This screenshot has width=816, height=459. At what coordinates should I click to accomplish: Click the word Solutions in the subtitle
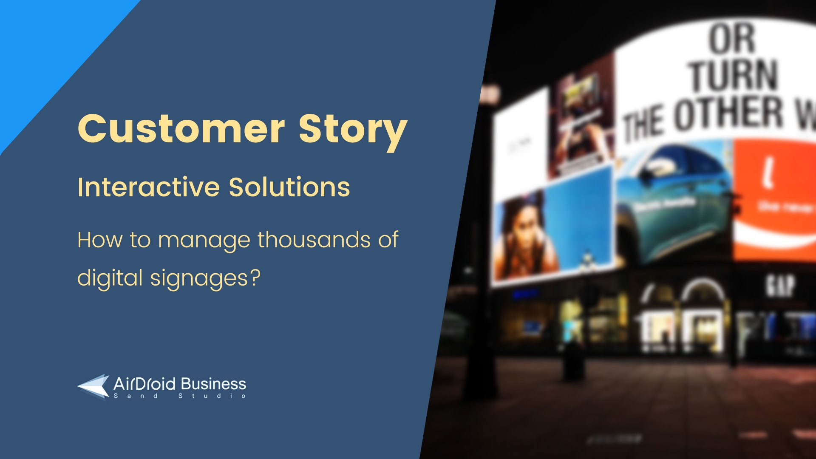[x=289, y=187]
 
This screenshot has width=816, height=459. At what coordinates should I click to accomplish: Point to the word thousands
[x=314, y=240]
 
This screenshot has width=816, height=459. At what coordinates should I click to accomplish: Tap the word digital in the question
[x=110, y=278]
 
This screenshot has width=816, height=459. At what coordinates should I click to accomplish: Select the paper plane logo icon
[x=93, y=387]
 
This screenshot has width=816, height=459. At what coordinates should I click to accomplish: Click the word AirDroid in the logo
[x=144, y=384]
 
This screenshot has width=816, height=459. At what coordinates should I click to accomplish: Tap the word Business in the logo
[x=213, y=384]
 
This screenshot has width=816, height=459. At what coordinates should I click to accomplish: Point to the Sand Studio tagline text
[x=180, y=396]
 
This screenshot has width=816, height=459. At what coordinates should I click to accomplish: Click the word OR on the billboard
[x=732, y=39]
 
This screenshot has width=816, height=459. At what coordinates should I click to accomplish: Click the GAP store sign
[x=781, y=285]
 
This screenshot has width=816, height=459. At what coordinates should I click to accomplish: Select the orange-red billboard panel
[x=773, y=200]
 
